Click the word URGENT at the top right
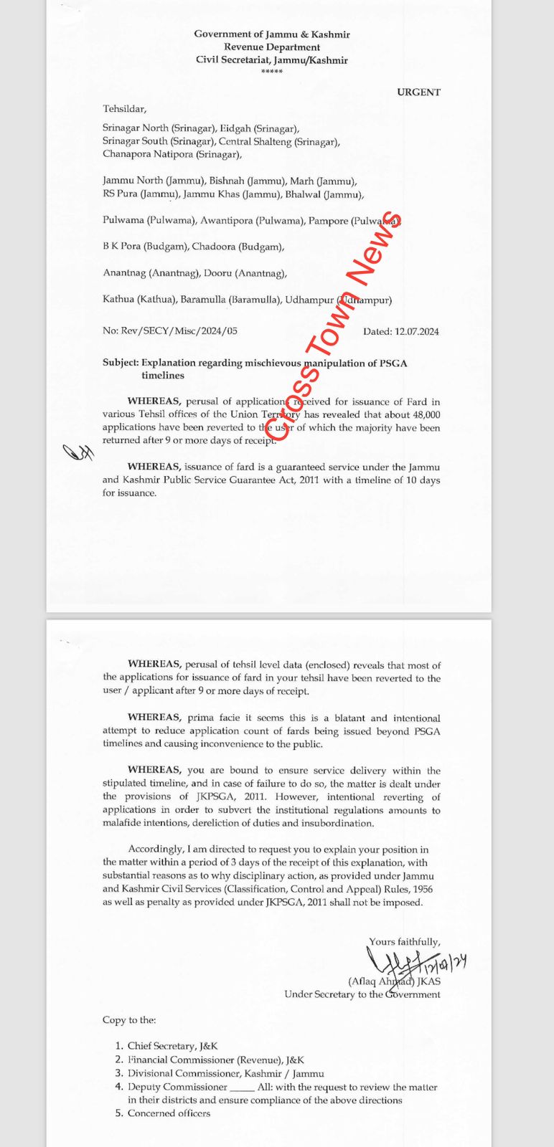pyautogui.click(x=418, y=92)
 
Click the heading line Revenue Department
pyautogui.click(x=272, y=47)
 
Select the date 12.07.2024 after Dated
pyautogui.click(x=416, y=332)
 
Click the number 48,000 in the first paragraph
pyautogui.click(x=423, y=415)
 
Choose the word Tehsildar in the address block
pyautogui.click(x=124, y=109)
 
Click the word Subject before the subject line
pyautogui.click(x=120, y=363)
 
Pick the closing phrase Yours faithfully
pyautogui.click(x=404, y=942)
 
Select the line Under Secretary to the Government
pyautogui.click(x=362, y=994)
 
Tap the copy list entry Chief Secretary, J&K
pyautogui.click(x=172, y=1047)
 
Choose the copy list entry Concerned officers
pyautogui.click(x=169, y=1113)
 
